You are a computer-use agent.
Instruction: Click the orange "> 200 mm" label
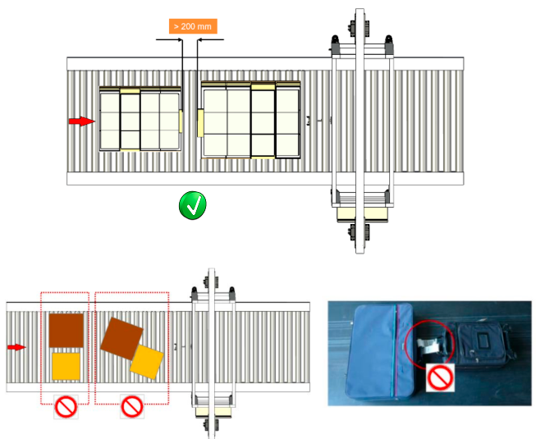(193, 26)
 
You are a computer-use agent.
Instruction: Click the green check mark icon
(193, 205)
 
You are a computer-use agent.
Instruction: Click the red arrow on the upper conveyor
(82, 121)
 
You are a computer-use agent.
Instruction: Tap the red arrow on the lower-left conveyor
(16, 347)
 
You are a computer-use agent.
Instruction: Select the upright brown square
(66, 331)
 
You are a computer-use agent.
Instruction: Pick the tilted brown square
(121, 339)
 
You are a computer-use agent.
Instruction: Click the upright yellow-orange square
(66, 366)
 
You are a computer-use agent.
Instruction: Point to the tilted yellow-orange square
(147, 362)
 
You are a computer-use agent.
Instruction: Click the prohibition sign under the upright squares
(66, 407)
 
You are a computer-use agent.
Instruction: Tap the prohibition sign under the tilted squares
(132, 406)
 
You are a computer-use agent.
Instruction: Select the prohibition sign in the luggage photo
(440, 377)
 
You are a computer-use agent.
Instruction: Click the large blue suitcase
(380, 351)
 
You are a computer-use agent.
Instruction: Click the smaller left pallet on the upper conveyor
(140, 119)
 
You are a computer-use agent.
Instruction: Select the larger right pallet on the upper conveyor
(251, 120)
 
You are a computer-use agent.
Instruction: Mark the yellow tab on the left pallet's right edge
(181, 121)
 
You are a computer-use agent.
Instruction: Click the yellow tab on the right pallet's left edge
(200, 123)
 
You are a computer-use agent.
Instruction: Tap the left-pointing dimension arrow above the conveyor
(211, 39)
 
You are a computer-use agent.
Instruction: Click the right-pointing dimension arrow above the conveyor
(169, 39)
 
